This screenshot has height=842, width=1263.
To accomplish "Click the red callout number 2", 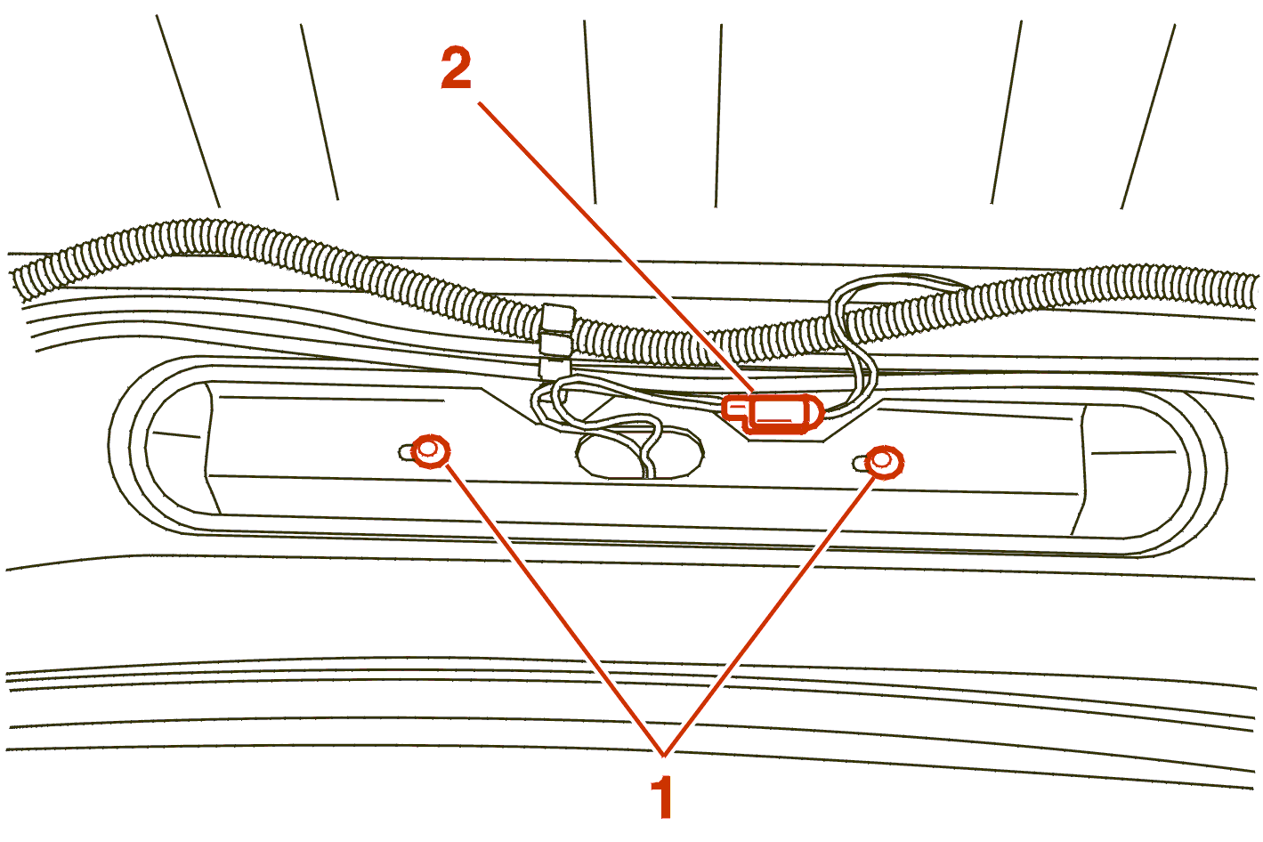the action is coord(456,68).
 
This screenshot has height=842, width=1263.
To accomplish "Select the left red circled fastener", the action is coord(431,451).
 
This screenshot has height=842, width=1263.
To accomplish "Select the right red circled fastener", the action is coord(885,463).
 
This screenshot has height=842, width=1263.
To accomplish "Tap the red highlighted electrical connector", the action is coord(773,415).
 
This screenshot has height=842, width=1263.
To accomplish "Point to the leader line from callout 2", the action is coord(615,247).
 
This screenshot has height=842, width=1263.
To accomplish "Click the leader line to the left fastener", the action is coord(555,611).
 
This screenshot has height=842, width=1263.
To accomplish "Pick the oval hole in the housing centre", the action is coord(640,455).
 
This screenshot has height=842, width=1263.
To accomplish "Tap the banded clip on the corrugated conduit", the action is coord(556,341).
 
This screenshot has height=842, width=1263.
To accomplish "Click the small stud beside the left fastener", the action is coord(406,452).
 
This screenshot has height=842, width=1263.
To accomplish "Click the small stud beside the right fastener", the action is coord(860,464).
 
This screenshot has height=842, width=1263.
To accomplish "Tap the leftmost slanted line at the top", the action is coord(188,111).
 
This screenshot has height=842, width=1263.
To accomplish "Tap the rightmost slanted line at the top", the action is coord(1148,117).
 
